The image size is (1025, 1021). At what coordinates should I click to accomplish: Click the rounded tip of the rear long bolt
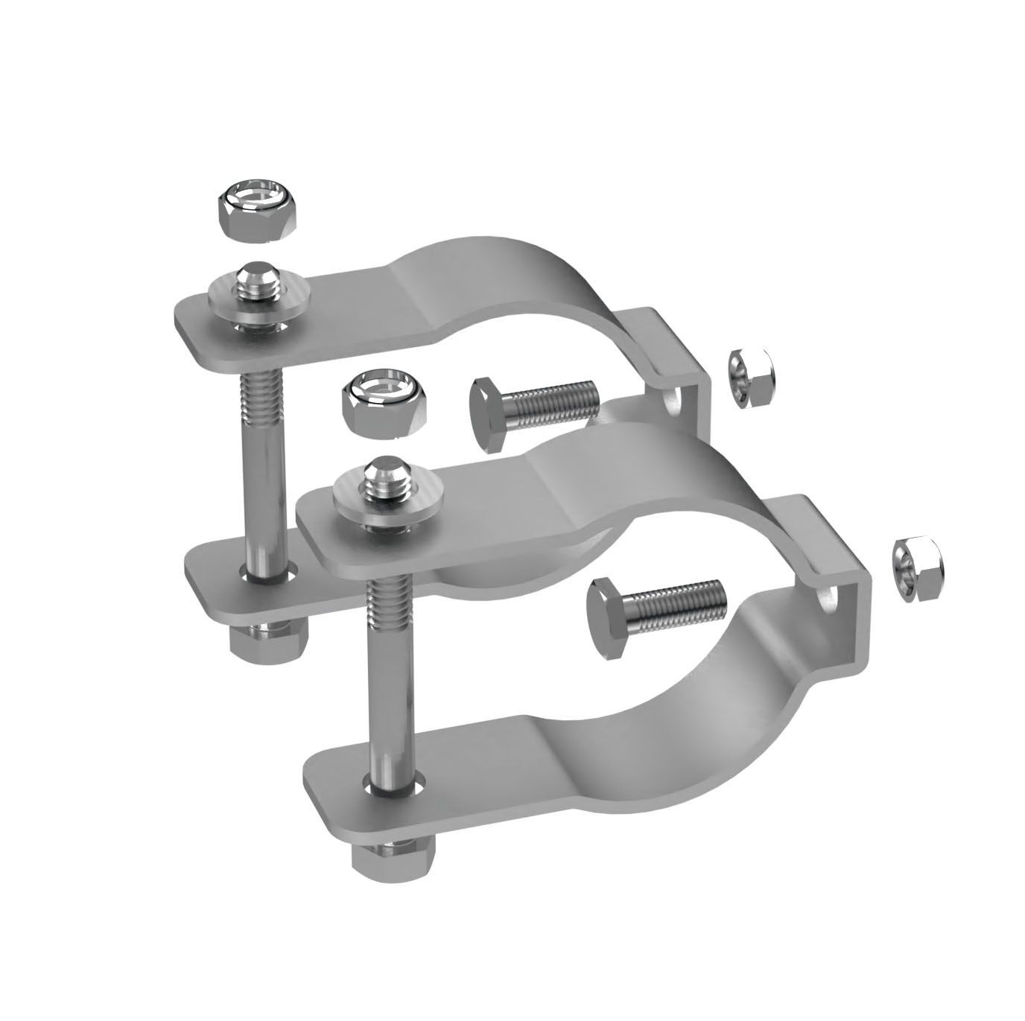[x=255, y=278]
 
